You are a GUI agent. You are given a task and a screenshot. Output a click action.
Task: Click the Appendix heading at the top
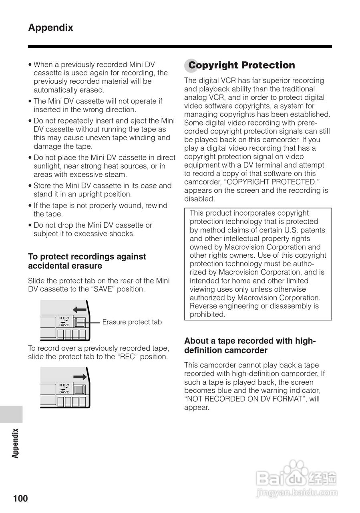click(x=50, y=28)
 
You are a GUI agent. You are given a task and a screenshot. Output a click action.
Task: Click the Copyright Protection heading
click(x=241, y=65)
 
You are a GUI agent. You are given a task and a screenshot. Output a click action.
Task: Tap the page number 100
click(x=20, y=499)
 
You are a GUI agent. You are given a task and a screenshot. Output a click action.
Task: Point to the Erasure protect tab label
click(x=132, y=322)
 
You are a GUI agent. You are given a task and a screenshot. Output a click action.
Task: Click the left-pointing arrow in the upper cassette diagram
click(x=80, y=309)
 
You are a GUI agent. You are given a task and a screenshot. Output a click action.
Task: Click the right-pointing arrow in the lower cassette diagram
click(x=80, y=377)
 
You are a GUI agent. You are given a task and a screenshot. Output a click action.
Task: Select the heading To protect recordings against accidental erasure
click(x=87, y=261)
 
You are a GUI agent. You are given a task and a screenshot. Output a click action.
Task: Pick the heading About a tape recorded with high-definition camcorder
click(x=250, y=345)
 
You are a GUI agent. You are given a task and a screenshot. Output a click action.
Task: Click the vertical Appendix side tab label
click(x=15, y=443)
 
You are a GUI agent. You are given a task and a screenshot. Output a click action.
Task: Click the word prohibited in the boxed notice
click(x=207, y=315)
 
